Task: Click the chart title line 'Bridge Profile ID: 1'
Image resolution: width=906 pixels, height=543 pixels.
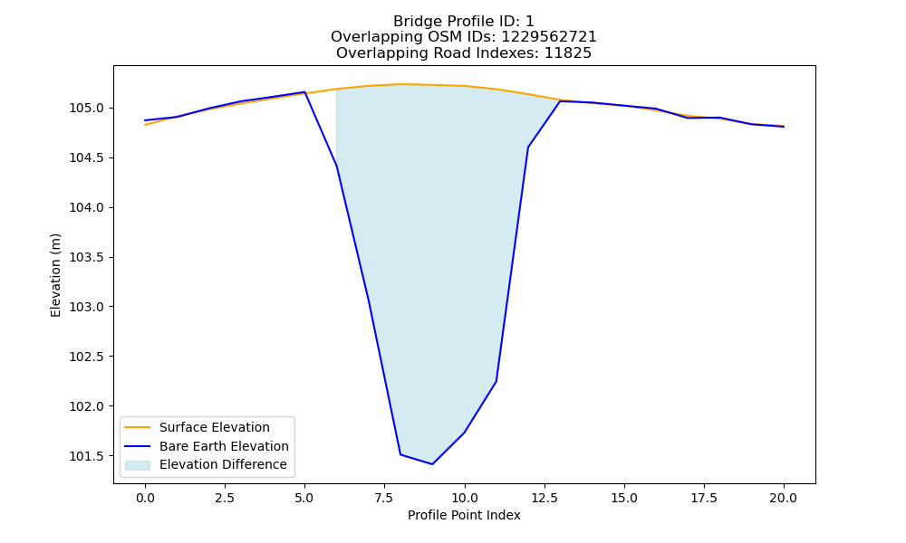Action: click(x=463, y=22)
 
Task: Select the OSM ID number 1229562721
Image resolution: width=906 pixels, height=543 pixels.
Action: click(x=548, y=37)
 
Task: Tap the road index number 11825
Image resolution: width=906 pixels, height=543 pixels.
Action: click(x=568, y=53)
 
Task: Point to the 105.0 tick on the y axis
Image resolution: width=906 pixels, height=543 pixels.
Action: click(x=87, y=109)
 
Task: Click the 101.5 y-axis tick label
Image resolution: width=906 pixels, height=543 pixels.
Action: click(x=87, y=456)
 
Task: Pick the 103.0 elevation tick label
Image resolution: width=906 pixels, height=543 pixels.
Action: click(x=87, y=307)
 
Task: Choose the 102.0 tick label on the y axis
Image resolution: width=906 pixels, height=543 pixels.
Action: click(x=87, y=407)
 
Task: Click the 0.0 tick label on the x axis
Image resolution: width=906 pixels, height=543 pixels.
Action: click(x=145, y=498)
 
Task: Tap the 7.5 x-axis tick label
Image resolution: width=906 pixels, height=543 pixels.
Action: click(x=384, y=498)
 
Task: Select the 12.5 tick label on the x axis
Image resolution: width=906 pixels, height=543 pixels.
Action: click(x=544, y=498)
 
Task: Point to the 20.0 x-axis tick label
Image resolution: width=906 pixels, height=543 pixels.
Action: click(x=784, y=498)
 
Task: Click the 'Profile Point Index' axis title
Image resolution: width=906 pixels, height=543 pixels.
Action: click(x=464, y=515)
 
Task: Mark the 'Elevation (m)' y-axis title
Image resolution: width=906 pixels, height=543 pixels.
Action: click(x=55, y=275)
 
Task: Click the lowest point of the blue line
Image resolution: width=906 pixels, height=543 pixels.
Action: click(x=432, y=464)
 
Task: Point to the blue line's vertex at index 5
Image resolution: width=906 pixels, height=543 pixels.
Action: click(x=304, y=91)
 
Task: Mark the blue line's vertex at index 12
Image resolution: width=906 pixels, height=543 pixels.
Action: click(x=528, y=148)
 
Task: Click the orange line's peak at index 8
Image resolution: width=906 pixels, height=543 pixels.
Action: click(x=400, y=84)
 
